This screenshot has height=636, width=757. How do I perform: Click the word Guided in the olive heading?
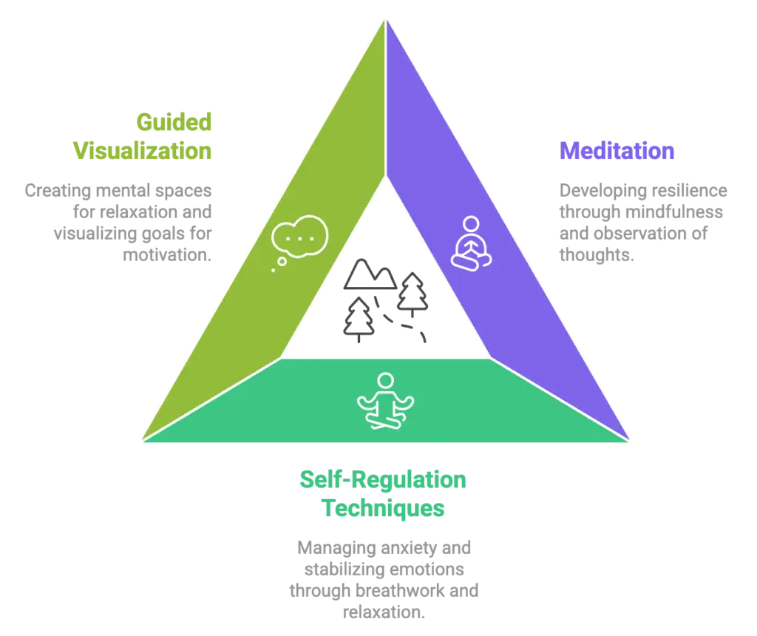click(x=174, y=122)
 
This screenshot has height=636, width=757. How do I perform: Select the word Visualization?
click(x=142, y=150)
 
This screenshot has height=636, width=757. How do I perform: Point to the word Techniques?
click(x=382, y=510)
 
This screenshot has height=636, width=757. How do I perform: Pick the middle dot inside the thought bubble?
click(x=299, y=237)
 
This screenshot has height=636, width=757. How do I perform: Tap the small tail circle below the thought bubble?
click(x=274, y=270)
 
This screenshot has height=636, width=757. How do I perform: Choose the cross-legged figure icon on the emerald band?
click(x=384, y=402)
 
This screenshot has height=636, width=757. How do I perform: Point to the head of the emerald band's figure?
click(x=385, y=381)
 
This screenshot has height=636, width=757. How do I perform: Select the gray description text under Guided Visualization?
click(x=118, y=222)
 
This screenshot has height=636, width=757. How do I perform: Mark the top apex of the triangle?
click(x=385, y=16)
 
